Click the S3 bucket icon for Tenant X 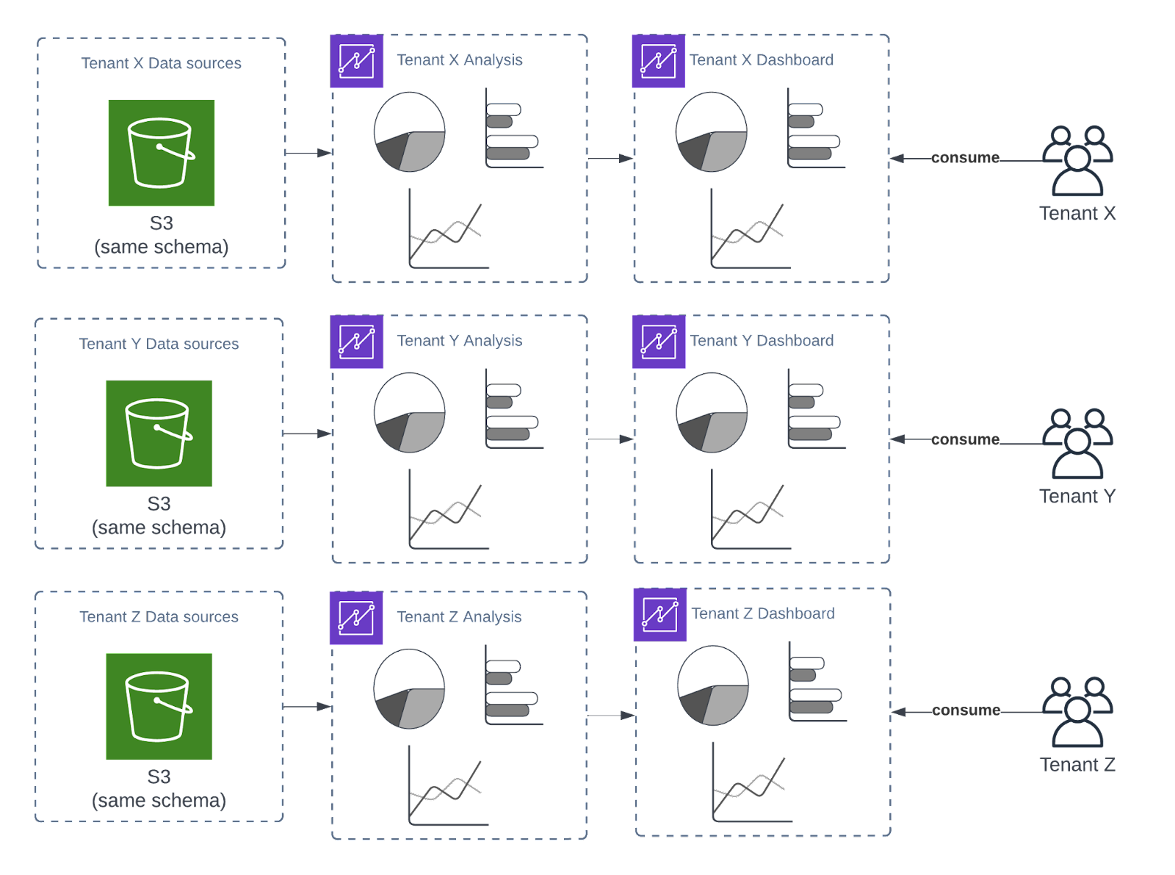click(162, 153)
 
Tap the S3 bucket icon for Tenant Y click(159, 433)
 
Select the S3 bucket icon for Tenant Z click(159, 706)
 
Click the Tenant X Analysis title click(459, 60)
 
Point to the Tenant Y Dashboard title click(762, 341)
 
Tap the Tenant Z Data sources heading click(159, 617)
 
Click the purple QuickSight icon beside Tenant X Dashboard click(658, 61)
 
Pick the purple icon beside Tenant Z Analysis click(356, 618)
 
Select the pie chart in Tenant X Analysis click(410, 132)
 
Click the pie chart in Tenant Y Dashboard click(712, 413)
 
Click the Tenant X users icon click(1077, 161)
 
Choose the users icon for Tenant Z click(1077, 712)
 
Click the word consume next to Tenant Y click(965, 439)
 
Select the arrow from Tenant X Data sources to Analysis click(308, 153)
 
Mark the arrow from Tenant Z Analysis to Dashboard click(611, 715)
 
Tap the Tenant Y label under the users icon click(1077, 496)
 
